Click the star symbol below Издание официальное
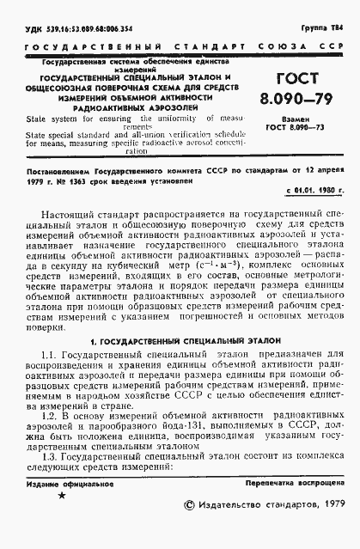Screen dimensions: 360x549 60,520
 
